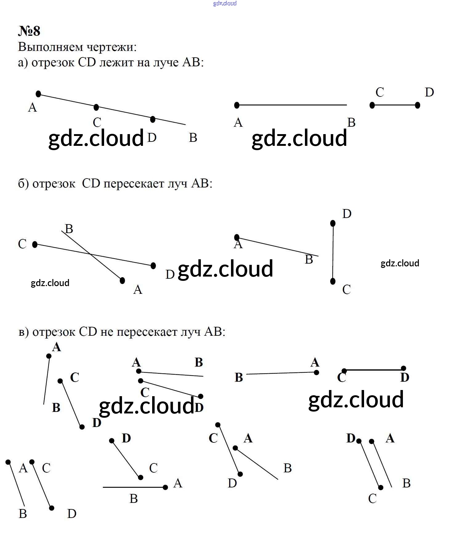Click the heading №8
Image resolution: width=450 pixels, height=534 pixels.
(x=29, y=31)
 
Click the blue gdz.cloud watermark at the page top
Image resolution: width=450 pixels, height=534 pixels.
(x=225, y=3)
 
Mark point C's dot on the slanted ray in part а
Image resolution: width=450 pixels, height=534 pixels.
(x=96, y=107)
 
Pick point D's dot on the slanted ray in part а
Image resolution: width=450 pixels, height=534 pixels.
(x=153, y=119)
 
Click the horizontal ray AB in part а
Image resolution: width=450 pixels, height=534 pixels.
(x=291, y=105)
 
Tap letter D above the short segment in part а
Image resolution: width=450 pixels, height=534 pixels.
(x=429, y=92)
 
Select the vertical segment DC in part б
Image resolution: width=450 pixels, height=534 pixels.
(x=333, y=252)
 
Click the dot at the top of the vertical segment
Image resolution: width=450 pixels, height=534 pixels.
(x=333, y=223)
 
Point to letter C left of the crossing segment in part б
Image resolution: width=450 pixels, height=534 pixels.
(x=22, y=244)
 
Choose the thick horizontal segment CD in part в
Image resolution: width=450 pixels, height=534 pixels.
(x=374, y=369)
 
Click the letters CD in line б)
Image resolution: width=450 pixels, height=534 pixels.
(x=91, y=183)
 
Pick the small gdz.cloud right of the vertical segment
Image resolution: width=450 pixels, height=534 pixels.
(x=400, y=263)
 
